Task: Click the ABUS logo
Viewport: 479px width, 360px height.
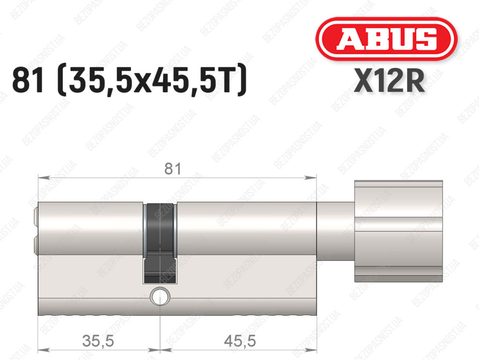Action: tap(386, 39)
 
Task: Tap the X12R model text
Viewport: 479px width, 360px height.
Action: tap(389, 81)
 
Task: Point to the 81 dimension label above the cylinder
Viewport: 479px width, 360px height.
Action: tap(173, 169)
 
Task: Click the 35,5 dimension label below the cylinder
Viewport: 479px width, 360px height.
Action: tap(98, 341)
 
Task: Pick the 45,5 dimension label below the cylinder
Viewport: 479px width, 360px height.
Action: tap(240, 341)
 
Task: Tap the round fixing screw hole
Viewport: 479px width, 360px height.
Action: tap(160, 296)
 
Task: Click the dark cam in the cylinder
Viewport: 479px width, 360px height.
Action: tap(160, 243)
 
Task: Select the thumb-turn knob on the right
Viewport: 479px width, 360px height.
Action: tap(399, 231)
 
